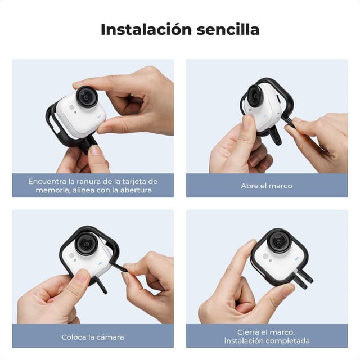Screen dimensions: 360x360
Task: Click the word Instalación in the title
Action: click(x=141, y=29)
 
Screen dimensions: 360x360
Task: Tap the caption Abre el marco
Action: click(x=267, y=186)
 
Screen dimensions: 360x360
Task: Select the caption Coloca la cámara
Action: click(x=93, y=337)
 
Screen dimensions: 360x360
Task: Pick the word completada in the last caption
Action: click(x=287, y=341)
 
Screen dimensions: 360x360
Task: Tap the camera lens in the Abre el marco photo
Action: click(x=255, y=96)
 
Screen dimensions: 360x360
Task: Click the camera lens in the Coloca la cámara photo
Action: click(x=86, y=245)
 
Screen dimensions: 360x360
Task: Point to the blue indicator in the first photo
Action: click(x=99, y=112)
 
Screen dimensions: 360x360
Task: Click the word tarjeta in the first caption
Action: click(x=129, y=181)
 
